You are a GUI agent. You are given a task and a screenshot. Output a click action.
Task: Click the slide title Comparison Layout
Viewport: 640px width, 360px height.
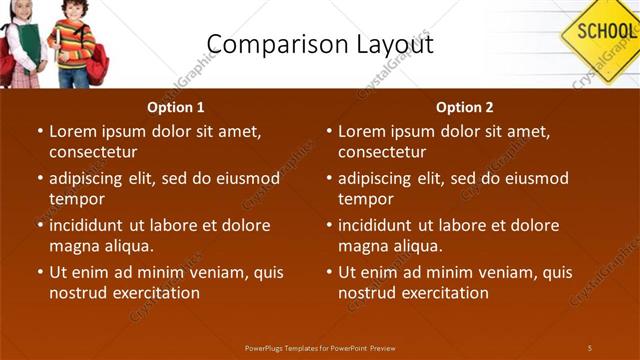click(x=319, y=44)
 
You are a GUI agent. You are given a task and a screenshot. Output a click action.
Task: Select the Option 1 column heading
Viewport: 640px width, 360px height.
click(x=176, y=108)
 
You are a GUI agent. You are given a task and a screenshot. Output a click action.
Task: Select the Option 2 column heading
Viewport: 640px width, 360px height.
click(x=465, y=108)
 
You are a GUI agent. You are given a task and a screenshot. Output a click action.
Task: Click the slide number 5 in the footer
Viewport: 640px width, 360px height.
click(x=589, y=347)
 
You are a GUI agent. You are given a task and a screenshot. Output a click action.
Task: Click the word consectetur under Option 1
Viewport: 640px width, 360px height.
click(x=93, y=152)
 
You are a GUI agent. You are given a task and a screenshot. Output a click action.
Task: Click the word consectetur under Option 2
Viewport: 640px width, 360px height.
click(x=382, y=152)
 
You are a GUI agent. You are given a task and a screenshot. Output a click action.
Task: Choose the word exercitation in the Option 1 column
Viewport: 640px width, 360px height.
click(x=155, y=293)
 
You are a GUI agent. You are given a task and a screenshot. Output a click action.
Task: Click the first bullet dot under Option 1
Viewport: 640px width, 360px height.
click(x=39, y=131)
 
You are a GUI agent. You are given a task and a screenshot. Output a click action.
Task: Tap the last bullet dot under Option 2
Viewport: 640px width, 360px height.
click(x=328, y=272)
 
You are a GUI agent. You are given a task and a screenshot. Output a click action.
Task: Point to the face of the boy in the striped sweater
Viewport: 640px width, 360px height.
click(x=73, y=11)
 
